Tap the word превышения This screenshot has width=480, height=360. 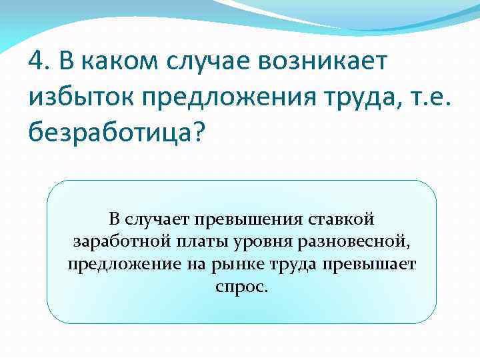[244, 219]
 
